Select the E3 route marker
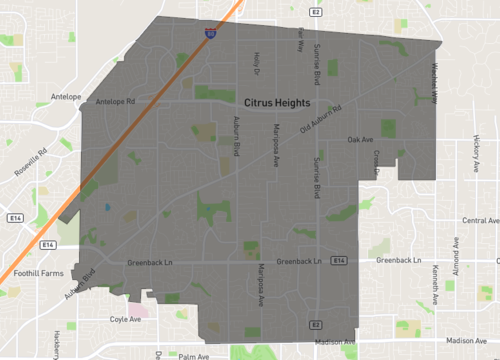coord(314,12)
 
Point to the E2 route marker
coord(314,325)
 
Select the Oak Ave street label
coord(360,139)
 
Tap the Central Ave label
coord(474,220)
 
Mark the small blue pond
coord(106,207)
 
